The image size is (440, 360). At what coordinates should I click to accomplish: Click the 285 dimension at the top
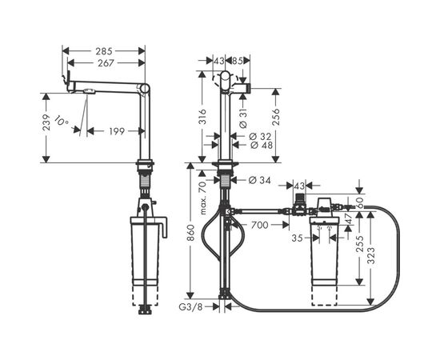point(104,50)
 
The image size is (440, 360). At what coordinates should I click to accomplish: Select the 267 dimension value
point(104,62)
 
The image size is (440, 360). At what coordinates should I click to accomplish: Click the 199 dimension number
point(116,131)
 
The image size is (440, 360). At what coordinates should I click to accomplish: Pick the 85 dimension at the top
point(237,61)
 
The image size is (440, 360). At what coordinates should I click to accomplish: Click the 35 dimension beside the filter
point(297,238)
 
